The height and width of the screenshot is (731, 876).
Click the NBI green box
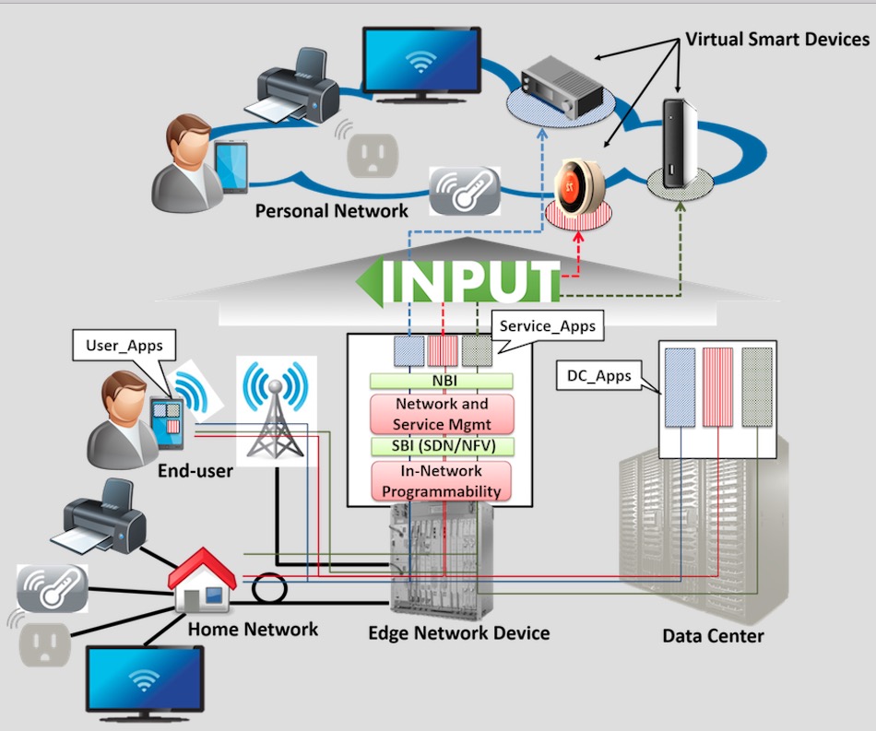coord(441,380)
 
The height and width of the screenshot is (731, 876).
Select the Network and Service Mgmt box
coord(441,414)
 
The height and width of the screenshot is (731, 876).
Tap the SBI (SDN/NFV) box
coord(441,447)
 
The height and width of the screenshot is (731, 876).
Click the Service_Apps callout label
coord(547,326)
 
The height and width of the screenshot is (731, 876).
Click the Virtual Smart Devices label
coord(776,40)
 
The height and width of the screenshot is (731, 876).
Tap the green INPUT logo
coord(460,282)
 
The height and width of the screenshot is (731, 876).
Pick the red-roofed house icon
coord(202,581)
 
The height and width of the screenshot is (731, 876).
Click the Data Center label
coord(713,636)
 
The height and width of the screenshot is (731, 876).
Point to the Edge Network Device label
coord(458,633)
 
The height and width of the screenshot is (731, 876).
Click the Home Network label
coord(253,631)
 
